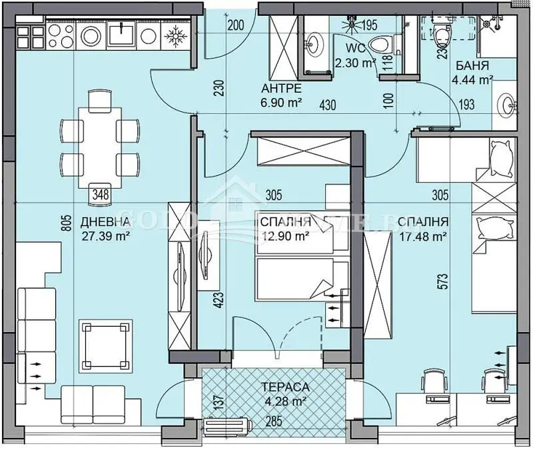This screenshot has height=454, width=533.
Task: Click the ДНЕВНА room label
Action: (102, 222)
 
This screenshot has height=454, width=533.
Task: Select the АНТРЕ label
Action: (281, 89)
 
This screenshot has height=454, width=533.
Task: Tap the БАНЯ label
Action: (474, 67)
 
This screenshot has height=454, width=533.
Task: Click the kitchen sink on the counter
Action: (125, 33)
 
